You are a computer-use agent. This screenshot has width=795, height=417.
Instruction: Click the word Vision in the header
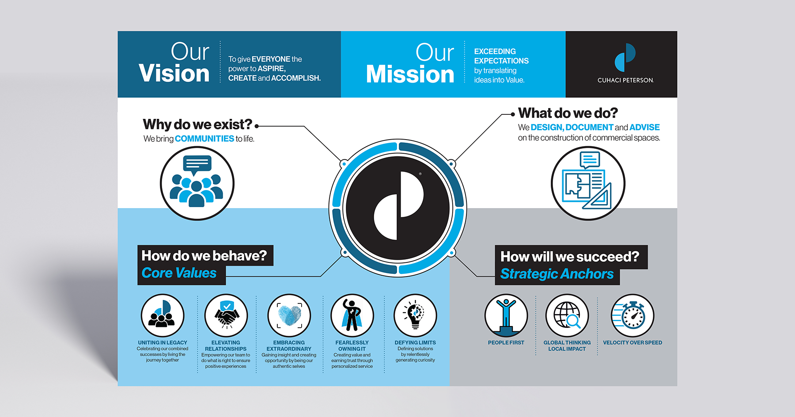174,73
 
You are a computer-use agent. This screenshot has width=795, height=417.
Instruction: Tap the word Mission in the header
410,74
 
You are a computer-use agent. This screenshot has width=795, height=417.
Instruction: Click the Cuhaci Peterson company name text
625,80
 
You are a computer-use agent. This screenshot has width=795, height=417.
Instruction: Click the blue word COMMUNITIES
204,139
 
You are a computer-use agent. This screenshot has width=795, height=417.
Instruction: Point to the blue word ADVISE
644,127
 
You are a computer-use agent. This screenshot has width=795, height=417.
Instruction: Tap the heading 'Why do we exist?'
197,125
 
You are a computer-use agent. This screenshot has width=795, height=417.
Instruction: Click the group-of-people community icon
197,183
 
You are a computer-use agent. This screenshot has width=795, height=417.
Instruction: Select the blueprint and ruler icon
588,183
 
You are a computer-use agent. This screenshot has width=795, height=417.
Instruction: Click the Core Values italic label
179,273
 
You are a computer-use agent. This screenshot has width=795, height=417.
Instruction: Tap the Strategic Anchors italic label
557,274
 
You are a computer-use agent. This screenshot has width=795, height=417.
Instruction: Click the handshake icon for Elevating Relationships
226,315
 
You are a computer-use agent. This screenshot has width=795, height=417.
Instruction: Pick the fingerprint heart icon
289,315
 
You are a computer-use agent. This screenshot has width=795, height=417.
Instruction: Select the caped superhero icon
352,315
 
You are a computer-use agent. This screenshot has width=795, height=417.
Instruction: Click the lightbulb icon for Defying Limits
415,315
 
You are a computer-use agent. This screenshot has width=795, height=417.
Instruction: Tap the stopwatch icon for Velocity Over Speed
632,315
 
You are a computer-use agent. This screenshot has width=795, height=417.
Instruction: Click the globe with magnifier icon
567,315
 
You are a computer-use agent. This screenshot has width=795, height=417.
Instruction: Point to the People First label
506,343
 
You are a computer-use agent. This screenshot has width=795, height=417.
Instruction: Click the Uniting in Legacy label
163,343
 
